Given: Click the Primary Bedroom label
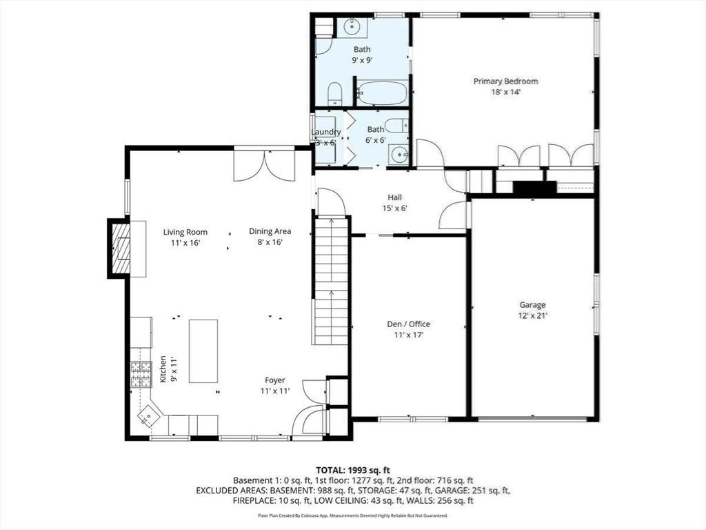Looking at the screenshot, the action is [x=505, y=81].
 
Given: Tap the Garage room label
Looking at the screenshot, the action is [x=532, y=305].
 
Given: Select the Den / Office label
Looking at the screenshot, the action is [x=408, y=324].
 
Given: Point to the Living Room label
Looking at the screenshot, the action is [x=185, y=232].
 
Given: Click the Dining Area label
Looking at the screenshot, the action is [x=270, y=231].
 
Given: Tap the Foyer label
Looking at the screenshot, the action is [x=274, y=380].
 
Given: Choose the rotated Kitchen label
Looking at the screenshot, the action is [x=163, y=369].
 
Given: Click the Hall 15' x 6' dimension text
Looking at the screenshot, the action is [x=395, y=208].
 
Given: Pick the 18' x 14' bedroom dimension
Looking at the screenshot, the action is [x=505, y=92].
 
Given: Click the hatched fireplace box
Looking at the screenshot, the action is [x=121, y=248].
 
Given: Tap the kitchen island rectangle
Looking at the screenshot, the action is [x=203, y=351].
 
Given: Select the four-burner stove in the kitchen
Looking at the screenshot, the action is [x=141, y=375].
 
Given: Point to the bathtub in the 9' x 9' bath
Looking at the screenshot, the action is [x=382, y=93].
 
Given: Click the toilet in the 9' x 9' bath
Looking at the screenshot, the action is [x=334, y=94].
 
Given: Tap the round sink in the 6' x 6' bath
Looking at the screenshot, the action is [x=399, y=155].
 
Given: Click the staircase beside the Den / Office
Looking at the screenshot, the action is [x=331, y=281].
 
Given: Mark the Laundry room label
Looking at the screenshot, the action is [x=325, y=132].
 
